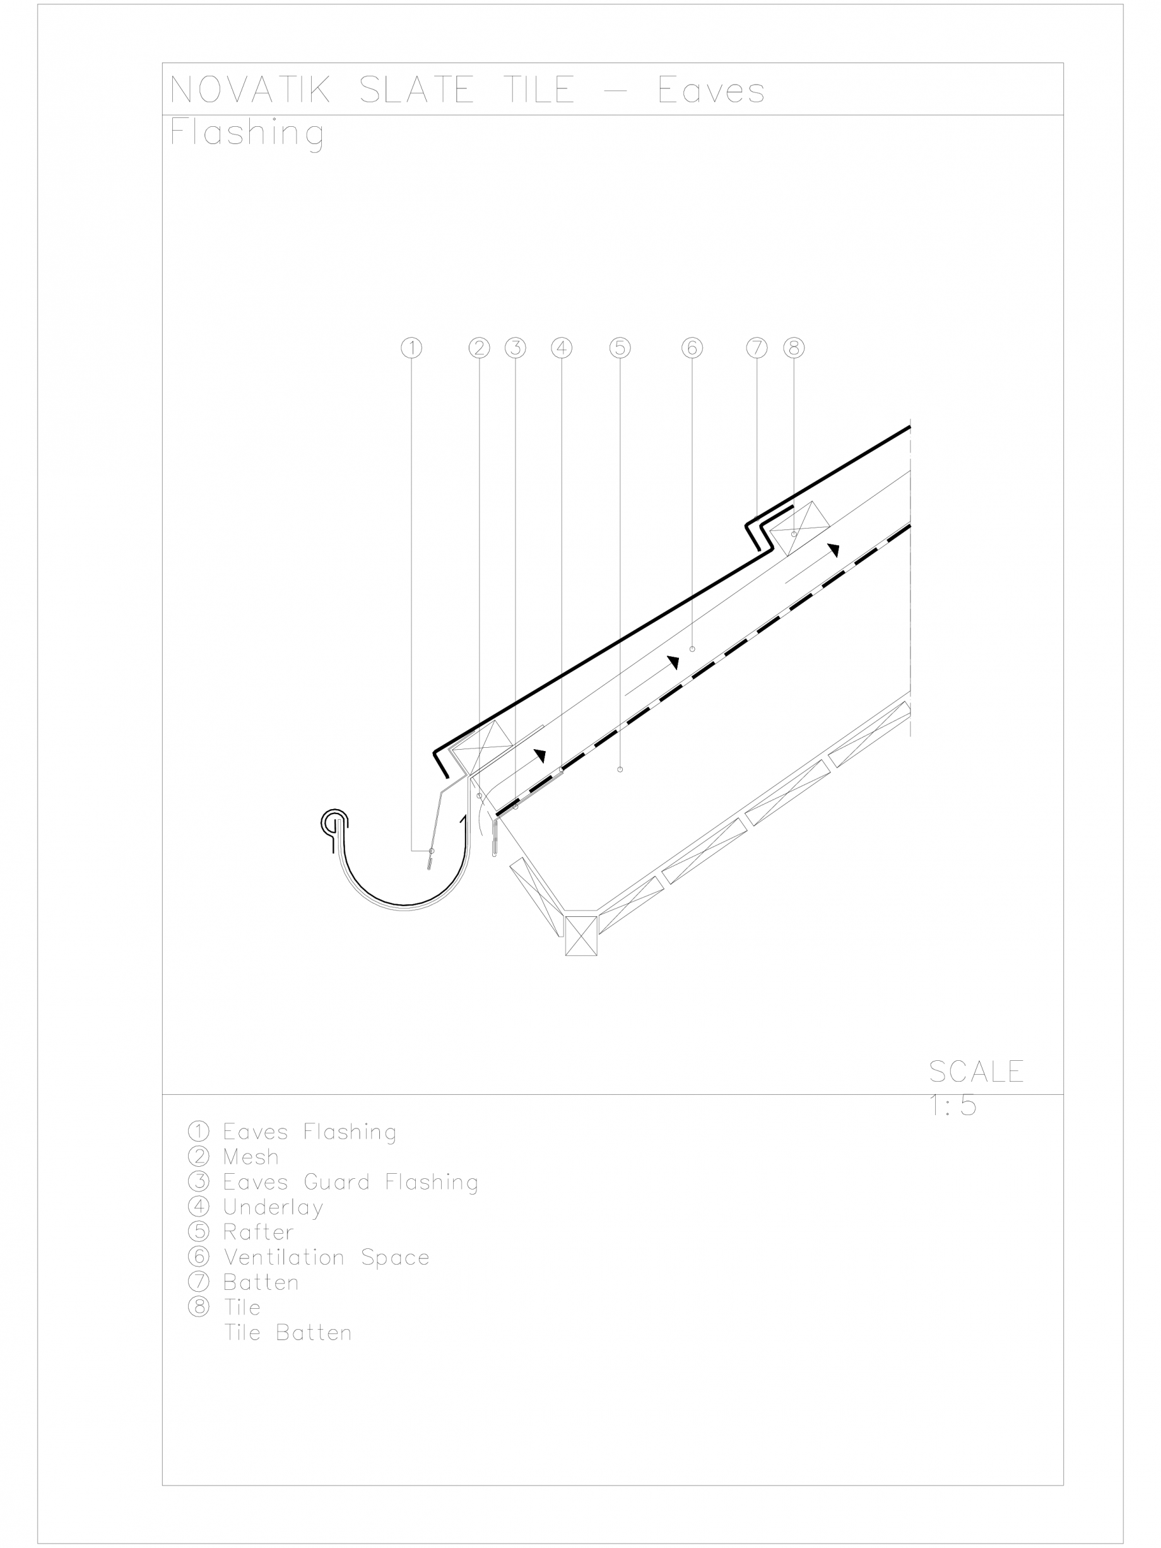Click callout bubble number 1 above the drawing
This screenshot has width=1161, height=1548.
(411, 348)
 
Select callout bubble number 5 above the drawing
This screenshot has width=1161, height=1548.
(620, 348)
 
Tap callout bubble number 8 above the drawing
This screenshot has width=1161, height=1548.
(794, 348)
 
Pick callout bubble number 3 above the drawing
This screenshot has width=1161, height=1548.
(516, 348)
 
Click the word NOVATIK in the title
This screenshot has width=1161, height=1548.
(250, 90)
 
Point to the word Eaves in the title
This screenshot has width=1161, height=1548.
(711, 90)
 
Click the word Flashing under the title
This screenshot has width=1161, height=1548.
(247, 133)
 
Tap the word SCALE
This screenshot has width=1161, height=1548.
(976, 1072)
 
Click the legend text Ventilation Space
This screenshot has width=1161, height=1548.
(326, 1258)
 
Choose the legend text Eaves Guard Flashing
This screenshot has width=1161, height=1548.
(351, 1182)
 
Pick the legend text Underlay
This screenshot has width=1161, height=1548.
(273, 1207)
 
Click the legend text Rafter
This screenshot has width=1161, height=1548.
(258, 1232)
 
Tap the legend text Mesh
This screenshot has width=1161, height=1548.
(250, 1157)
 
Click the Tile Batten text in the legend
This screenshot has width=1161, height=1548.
(288, 1333)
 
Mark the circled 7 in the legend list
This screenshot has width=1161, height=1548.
(199, 1282)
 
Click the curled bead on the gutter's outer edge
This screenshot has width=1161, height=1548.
(334, 823)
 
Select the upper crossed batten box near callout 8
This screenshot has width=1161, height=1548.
(799, 528)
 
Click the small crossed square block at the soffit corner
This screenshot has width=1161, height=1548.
(581, 936)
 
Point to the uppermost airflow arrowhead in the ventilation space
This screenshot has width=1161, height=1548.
(834, 550)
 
